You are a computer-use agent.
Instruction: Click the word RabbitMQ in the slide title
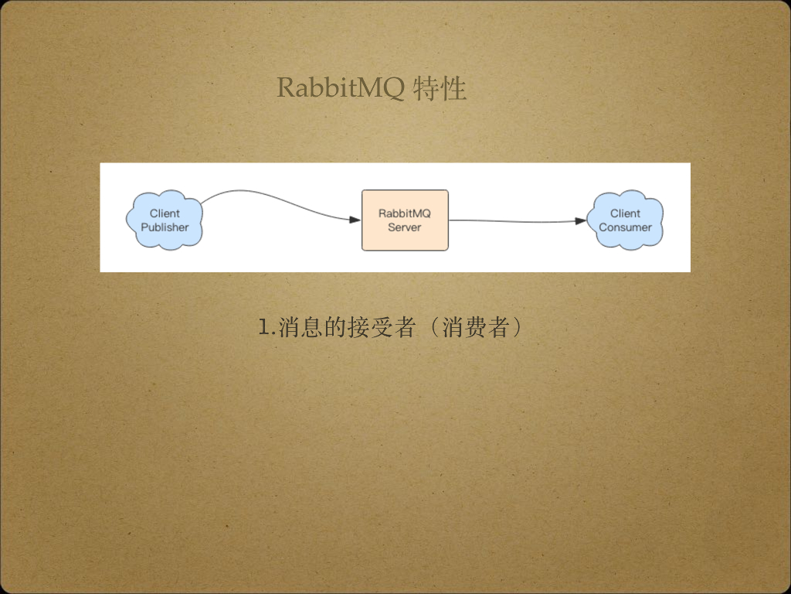[x=341, y=88]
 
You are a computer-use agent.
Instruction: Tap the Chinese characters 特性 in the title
[x=440, y=88]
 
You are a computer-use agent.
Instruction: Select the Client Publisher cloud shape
[x=165, y=220]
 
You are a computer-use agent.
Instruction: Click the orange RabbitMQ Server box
[x=405, y=220]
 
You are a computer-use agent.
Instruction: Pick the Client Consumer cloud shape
[x=625, y=220]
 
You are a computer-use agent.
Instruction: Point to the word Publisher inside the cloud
[x=165, y=227]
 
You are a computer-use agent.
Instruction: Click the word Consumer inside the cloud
[x=625, y=227]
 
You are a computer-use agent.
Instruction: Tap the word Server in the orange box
[x=405, y=227]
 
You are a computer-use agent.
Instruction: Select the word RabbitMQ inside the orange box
[x=405, y=213]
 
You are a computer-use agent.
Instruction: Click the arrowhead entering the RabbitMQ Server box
[x=355, y=220]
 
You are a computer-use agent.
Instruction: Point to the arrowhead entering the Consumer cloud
[x=581, y=221]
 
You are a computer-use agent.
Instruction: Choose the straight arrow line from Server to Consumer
[x=510, y=221]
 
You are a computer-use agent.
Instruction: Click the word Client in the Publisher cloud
[x=165, y=213]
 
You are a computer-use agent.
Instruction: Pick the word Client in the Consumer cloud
[x=625, y=213]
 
